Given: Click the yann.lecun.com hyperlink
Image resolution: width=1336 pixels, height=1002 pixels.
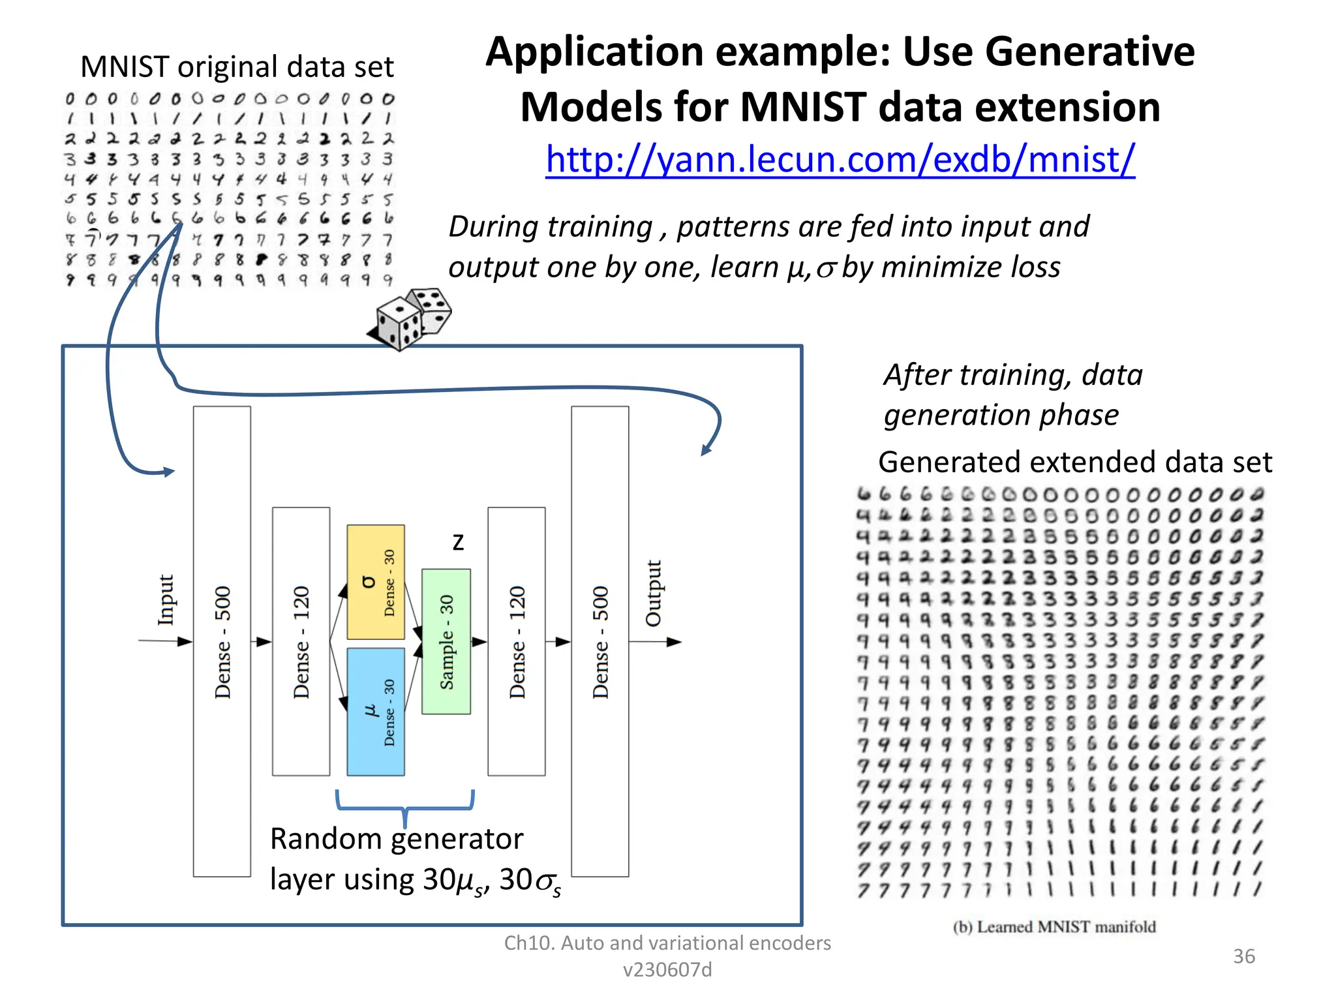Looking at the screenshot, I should pyautogui.click(x=840, y=159).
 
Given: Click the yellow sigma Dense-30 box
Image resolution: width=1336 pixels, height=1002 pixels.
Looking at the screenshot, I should pyautogui.click(x=375, y=582).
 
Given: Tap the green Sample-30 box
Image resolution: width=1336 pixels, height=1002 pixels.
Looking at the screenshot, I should pyautogui.click(x=446, y=641).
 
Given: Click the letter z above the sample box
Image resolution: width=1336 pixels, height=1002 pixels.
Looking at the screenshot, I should pyautogui.click(x=458, y=543).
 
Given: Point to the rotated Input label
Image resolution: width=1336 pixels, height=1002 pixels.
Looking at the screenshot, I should pyautogui.click(x=166, y=600).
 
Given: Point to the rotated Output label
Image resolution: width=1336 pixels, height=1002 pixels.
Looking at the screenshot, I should pyautogui.click(x=653, y=593).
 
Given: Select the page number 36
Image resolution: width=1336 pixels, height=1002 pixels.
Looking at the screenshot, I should pyautogui.click(x=1243, y=956).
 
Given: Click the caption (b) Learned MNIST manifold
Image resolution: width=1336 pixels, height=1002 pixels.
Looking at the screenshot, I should pyautogui.click(x=1054, y=927).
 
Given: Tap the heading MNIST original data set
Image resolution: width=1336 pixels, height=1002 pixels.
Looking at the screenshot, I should pyautogui.click(x=237, y=67).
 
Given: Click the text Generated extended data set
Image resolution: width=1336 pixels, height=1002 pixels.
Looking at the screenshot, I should pyautogui.click(x=1074, y=462).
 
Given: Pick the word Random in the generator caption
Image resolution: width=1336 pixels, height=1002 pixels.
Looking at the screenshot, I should pyautogui.click(x=316, y=839).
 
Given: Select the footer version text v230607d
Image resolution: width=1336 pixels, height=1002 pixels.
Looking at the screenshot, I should pyautogui.click(x=667, y=970).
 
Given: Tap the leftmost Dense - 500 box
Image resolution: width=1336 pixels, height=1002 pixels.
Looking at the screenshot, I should pyautogui.click(x=222, y=641).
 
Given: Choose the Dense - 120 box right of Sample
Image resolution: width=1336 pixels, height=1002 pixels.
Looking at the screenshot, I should pyautogui.click(x=516, y=641).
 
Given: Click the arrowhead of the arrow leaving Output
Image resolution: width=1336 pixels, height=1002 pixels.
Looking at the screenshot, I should pyautogui.click(x=675, y=642).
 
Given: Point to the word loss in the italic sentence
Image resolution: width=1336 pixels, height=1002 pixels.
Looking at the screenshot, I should pyautogui.click(x=1035, y=267).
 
